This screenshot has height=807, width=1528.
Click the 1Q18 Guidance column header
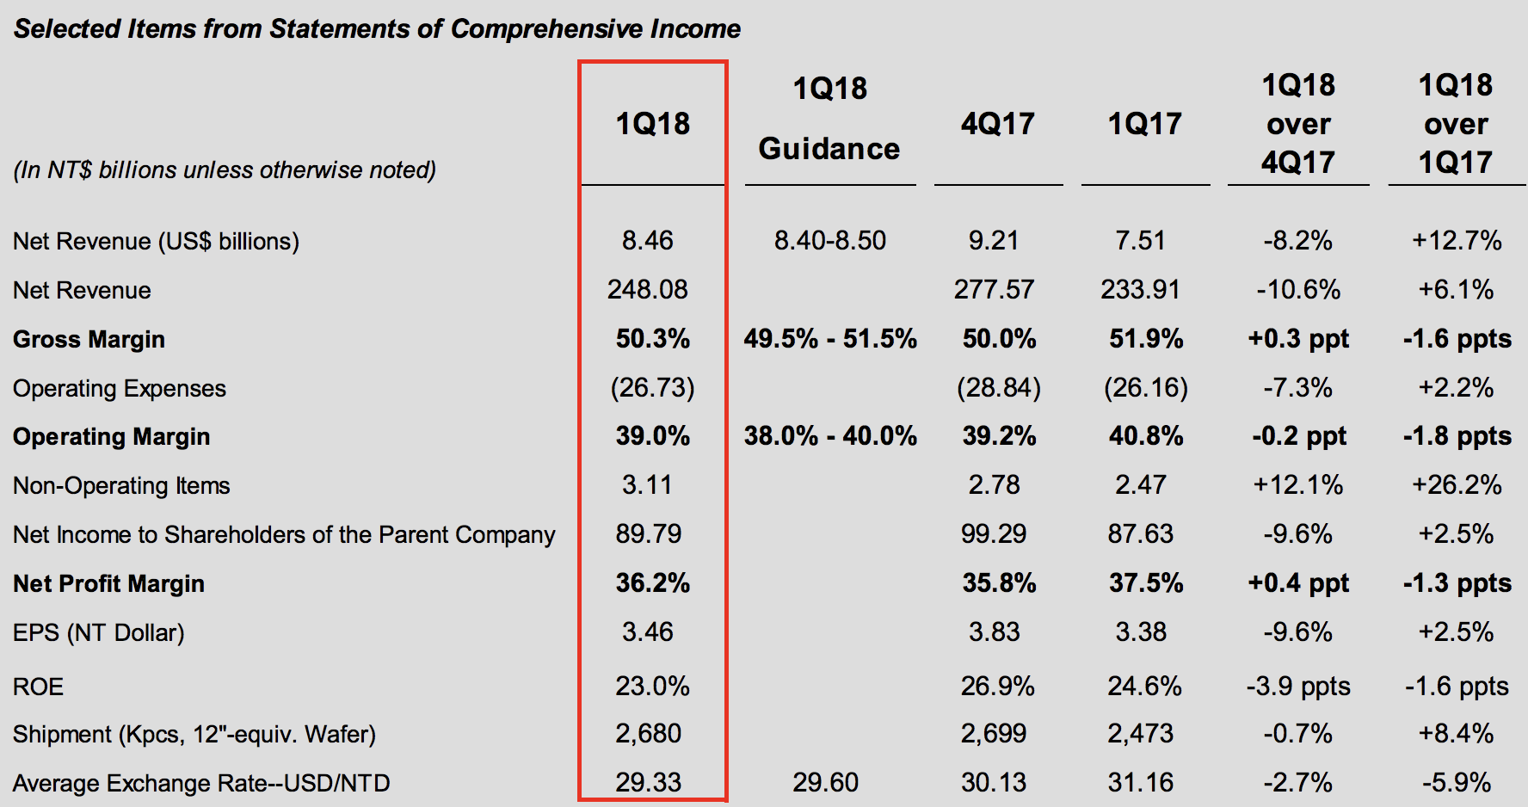(829, 119)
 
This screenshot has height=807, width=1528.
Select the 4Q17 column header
(998, 124)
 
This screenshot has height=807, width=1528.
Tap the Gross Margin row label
(89, 339)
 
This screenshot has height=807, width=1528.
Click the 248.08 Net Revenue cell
(648, 290)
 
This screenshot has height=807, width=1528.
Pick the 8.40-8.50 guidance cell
(829, 241)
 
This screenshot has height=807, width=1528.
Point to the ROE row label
(38, 687)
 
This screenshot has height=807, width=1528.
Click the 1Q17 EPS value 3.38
(1141, 632)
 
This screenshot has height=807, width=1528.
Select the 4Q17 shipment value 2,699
(994, 734)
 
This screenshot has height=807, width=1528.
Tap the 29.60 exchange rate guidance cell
(825, 783)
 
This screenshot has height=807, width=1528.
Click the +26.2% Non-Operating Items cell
(1457, 485)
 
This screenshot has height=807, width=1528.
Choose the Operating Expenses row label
(120, 388)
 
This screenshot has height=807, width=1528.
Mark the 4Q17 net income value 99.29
(994, 534)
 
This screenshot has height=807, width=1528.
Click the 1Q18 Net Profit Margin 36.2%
(652, 583)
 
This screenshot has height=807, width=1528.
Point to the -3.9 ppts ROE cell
(1298, 687)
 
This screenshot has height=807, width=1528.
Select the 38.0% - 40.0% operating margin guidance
(830, 436)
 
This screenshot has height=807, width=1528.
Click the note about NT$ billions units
(225, 169)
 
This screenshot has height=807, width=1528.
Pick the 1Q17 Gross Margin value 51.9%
(1146, 339)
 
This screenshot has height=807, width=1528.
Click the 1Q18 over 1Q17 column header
(1456, 124)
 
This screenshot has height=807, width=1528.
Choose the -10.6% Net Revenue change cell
(1298, 290)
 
